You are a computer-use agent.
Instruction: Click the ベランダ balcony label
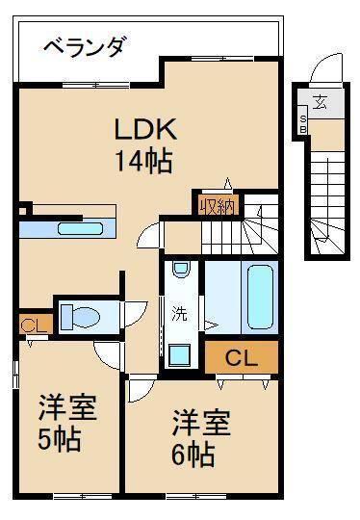click(x=86, y=46)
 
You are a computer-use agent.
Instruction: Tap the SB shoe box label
click(x=302, y=122)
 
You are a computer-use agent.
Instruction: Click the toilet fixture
click(x=81, y=315)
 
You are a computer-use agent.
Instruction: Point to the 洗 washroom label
click(x=179, y=312)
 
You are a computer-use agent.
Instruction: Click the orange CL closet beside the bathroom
click(x=241, y=357)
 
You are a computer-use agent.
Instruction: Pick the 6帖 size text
click(x=193, y=453)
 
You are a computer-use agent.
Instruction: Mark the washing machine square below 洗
click(x=179, y=355)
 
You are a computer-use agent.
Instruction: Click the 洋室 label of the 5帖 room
click(x=66, y=407)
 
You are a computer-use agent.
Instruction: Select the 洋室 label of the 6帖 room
click(x=201, y=422)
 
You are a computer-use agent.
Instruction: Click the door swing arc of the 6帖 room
click(x=142, y=389)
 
